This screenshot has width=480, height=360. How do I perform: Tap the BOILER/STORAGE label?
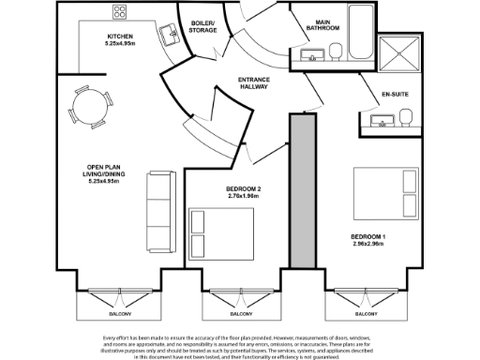coord(203,26)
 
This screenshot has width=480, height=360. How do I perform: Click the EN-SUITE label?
coord(394,95)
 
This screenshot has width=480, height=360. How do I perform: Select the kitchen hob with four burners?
coord(120,12)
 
